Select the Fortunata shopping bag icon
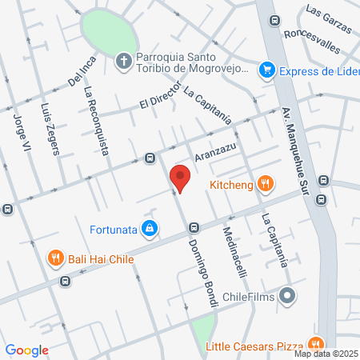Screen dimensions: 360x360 (149, 229)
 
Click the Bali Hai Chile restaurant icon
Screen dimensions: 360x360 (55, 258)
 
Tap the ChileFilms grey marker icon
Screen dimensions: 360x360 (288, 297)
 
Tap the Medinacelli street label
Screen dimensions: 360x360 (234, 250)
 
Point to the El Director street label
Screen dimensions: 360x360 (157, 99)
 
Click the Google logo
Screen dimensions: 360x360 (27, 350)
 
